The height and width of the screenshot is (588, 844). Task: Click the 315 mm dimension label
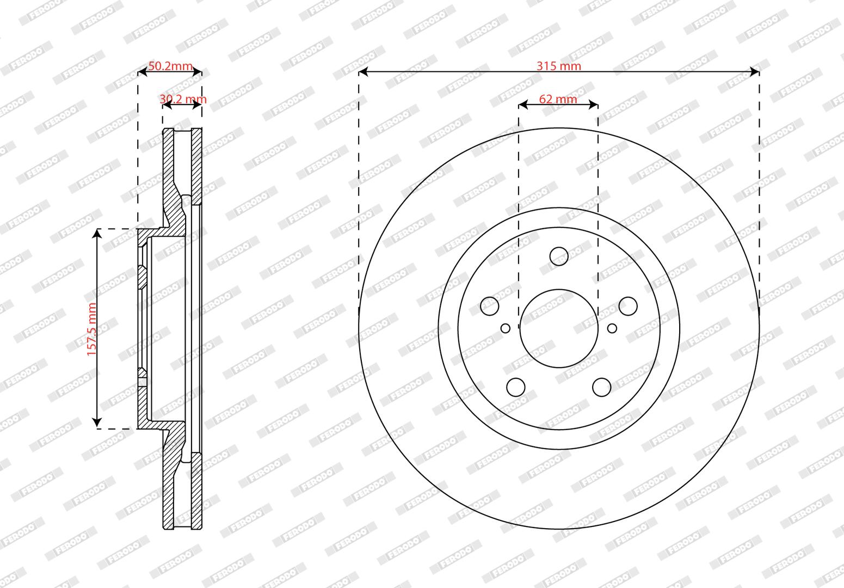coord(559,66)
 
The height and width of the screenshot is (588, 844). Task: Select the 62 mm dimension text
coord(558,99)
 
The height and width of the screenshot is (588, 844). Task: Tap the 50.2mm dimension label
coord(170,66)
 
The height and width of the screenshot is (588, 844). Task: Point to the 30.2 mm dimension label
coord(183,99)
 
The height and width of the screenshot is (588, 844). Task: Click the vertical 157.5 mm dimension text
coord(91,329)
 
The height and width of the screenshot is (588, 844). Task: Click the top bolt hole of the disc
coord(559,256)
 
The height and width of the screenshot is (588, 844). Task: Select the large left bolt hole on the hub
coord(490,305)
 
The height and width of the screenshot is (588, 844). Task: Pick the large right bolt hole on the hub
coord(628,305)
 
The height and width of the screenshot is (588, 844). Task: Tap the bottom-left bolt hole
coord(516,387)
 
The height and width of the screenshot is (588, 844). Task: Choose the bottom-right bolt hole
coord(602,387)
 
